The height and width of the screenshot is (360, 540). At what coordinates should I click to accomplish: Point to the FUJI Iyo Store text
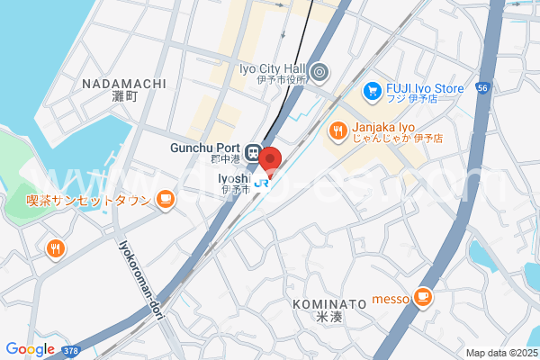425,88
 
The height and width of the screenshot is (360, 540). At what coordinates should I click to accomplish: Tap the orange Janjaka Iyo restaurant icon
337,131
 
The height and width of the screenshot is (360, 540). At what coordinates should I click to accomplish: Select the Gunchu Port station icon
254,150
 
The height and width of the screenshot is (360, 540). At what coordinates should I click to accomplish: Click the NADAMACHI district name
123,84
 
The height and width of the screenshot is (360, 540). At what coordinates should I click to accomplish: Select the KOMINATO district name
329,304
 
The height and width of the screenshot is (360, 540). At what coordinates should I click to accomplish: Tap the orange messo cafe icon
423,295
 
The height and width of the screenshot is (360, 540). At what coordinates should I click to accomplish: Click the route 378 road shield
72,348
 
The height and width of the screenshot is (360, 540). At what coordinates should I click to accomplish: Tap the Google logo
30,349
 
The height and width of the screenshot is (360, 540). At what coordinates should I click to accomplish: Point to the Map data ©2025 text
500,353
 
